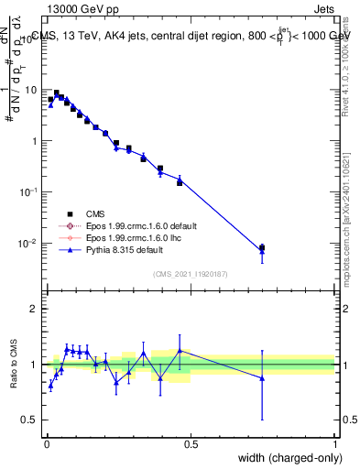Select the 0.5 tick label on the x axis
tap(191, 444)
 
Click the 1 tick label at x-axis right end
tap(335, 444)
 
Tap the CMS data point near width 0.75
tap(263, 247)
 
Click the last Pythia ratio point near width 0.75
tap(263, 377)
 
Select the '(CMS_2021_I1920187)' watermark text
tap(191, 273)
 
